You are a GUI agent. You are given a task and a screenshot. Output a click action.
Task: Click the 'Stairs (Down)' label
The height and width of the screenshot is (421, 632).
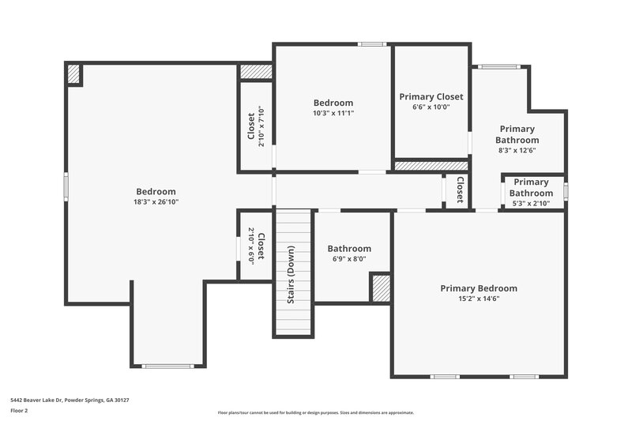pyautogui.click(x=291, y=275)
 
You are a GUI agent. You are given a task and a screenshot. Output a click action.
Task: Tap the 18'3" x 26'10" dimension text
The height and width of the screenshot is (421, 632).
pyautogui.click(x=156, y=202)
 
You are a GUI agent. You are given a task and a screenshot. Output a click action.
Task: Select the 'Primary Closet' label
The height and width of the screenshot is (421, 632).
pyautogui.click(x=431, y=96)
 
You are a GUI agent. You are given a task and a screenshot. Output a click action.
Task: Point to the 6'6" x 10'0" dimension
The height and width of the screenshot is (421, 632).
pyautogui.click(x=431, y=107)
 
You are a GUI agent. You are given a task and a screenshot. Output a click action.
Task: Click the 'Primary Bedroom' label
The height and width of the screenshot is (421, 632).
pyautogui.click(x=479, y=288)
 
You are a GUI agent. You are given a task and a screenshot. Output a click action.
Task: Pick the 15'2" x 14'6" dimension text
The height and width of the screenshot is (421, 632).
pyautogui.click(x=479, y=299)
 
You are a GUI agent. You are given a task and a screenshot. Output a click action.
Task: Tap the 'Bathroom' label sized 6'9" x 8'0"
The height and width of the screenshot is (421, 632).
pyautogui.click(x=349, y=249)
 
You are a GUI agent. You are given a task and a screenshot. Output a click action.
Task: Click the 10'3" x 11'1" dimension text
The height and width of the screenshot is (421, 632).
pyautogui.click(x=333, y=113)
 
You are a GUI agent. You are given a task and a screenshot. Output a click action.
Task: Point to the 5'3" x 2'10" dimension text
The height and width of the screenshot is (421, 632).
pyautogui.click(x=531, y=204)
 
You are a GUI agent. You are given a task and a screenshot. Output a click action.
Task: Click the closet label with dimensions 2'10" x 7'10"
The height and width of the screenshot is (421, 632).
pyautogui.click(x=251, y=126)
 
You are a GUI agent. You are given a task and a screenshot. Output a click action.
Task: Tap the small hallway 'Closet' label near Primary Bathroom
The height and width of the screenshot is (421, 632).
pyautogui.click(x=459, y=190)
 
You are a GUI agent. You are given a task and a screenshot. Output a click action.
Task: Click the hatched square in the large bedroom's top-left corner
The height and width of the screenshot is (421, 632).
pyautogui.click(x=73, y=73)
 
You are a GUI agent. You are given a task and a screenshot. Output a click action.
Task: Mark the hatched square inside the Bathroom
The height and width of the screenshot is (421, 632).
pyautogui.click(x=381, y=288)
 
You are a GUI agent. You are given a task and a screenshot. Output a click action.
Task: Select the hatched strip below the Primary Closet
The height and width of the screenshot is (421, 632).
pyautogui.click(x=431, y=166)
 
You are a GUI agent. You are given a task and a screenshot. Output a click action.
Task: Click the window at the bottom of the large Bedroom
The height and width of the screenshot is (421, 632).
pyautogui.click(x=167, y=366)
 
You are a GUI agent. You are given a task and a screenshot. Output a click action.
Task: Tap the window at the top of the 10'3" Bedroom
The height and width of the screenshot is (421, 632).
pyautogui.click(x=371, y=43)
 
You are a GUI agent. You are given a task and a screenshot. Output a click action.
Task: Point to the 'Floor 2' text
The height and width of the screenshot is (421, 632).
pyautogui.click(x=19, y=411)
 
